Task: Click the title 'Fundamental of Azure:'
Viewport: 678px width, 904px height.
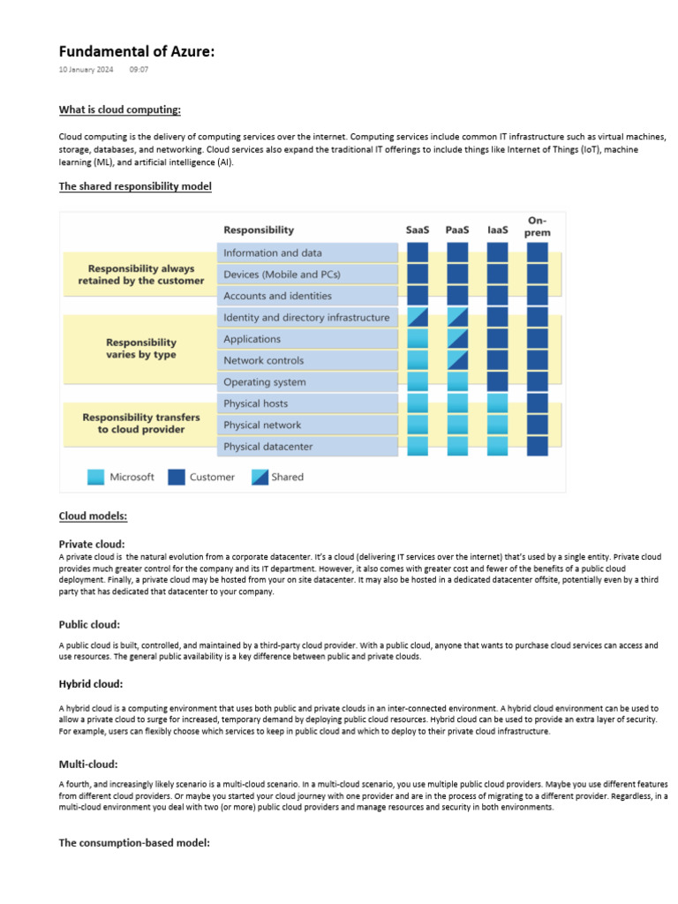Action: [x=137, y=52]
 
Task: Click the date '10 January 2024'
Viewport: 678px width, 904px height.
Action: [x=86, y=69]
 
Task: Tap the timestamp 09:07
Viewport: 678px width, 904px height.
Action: [x=139, y=69]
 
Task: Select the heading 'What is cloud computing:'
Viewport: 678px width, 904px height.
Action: [x=119, y=110]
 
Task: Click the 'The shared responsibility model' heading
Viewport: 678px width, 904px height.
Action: [x=135, y=186]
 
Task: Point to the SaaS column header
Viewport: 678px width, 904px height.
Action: [x=418, y=230]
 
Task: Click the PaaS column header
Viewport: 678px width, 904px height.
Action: [x=457, y=230]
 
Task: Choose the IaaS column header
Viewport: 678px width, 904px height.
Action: [x=498, y=230]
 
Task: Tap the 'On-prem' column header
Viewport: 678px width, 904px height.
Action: [x=537, y=226]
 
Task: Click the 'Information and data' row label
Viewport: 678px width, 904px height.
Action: [x=273, y=252]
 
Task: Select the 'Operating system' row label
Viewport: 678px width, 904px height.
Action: [x=265, y=382]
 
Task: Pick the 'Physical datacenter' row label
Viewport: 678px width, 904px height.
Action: [x=267, y=447]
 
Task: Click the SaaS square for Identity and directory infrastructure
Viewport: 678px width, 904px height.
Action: [x=418, y=317]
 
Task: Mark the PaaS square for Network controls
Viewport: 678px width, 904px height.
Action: [x=457, y=360]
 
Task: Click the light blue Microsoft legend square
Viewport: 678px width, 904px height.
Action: [x=95, y=477]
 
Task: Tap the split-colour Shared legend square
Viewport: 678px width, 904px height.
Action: [x=260, y=477]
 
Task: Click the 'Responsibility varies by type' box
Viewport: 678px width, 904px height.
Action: [x=140, y=349]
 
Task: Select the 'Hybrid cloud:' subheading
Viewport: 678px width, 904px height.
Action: [x=91, y=684]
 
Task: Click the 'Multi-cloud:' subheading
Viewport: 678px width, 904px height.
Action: [x=88, y=764]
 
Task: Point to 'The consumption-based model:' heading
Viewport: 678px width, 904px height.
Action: [x=134, y=843]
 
